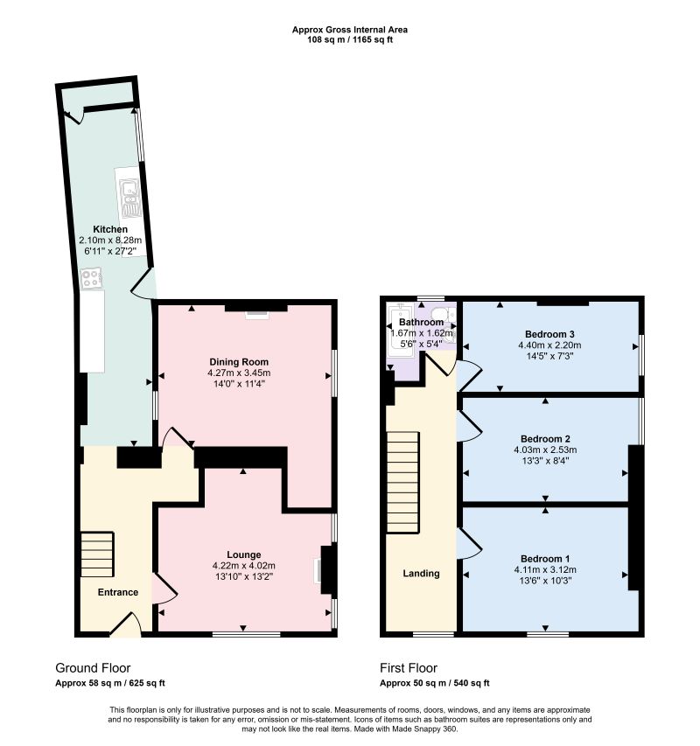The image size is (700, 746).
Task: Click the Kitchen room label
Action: (x=110, y=229)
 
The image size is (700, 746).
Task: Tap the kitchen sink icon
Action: (x=129, y=197)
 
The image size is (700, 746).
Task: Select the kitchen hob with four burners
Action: (x=91, y=278)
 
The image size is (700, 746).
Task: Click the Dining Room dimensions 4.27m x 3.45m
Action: (x=239, y=373)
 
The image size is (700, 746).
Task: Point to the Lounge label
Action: (x=243, y=554)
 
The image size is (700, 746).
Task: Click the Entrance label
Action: (x=118, y=592)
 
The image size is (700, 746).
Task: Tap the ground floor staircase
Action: (x=97, y=554)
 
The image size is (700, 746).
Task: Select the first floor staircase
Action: (x=402, y=482)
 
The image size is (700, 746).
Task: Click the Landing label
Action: (x=421, y=574)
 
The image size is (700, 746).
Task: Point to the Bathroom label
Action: (x=421, y=322)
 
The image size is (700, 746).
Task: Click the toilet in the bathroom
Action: (x=442, y=315)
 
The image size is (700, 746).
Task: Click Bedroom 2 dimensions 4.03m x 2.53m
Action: (x=545, y=450)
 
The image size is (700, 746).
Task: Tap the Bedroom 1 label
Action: (x=545, y=559)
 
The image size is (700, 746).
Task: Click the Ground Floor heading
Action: (x=93, y=668)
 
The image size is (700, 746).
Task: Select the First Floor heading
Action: (x=409, y=668)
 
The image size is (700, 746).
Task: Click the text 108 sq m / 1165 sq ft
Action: (x=350, y=40)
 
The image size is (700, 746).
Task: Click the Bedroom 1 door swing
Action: (x=469, y=543)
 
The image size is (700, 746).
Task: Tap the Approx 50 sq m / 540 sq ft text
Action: (x=435, y=683)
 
